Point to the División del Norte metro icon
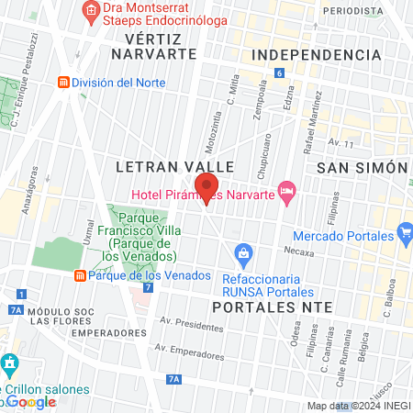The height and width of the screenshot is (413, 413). pyautogui.click(x=63, y=83)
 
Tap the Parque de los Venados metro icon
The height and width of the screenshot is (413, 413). pyautogui.click(x=81, y=275)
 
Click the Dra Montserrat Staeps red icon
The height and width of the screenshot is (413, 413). pyautogui.click(x=90, y=11)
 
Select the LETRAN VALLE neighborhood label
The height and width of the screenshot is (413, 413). pyautogui.click(x=175, y=166)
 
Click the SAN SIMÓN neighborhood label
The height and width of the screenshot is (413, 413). pyautogui.click(x=361, y=168)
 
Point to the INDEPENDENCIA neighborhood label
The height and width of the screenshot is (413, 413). pyautogui.click(x=315, y=55)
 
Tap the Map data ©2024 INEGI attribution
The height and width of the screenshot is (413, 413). pyautogui.click(x=358, y=406)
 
